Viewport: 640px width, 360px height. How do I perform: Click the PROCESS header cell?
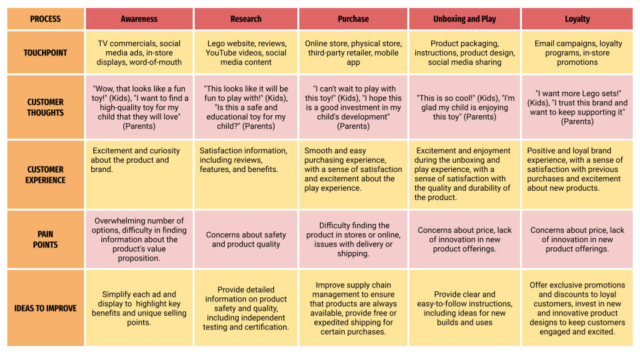[x=45, y=19]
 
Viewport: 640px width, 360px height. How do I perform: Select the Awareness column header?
[x=139, y=19]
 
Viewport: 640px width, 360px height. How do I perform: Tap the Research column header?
[x=246, y=19]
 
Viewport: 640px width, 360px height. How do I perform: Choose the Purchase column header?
[x=353, y=19]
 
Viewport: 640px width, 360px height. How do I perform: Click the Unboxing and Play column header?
[x=465, y=19]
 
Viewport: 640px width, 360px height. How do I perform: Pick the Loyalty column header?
[x=577, y=19]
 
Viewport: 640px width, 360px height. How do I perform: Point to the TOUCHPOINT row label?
[x=45, y=53]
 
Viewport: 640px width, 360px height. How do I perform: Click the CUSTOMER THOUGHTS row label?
[x=45, y=107]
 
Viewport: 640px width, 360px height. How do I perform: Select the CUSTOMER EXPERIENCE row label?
[x=45, y=175]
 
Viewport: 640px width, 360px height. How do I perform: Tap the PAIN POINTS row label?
[x=45, y=239]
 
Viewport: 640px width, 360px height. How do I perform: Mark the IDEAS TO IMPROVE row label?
[x=45, y=309]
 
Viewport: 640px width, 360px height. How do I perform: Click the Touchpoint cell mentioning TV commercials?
[x=139, y=53]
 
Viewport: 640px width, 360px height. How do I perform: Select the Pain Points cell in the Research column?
[x=246, y=239]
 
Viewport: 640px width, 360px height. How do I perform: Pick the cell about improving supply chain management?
[x=353, y=309]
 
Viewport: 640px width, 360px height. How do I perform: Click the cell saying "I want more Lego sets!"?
[x=577, y=107]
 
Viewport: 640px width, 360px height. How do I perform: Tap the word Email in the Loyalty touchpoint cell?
[x=546, y=43]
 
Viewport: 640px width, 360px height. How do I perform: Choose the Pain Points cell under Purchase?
[x=353, y=239]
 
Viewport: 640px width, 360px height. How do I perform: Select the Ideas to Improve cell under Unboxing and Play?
[x=465, y=309]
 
